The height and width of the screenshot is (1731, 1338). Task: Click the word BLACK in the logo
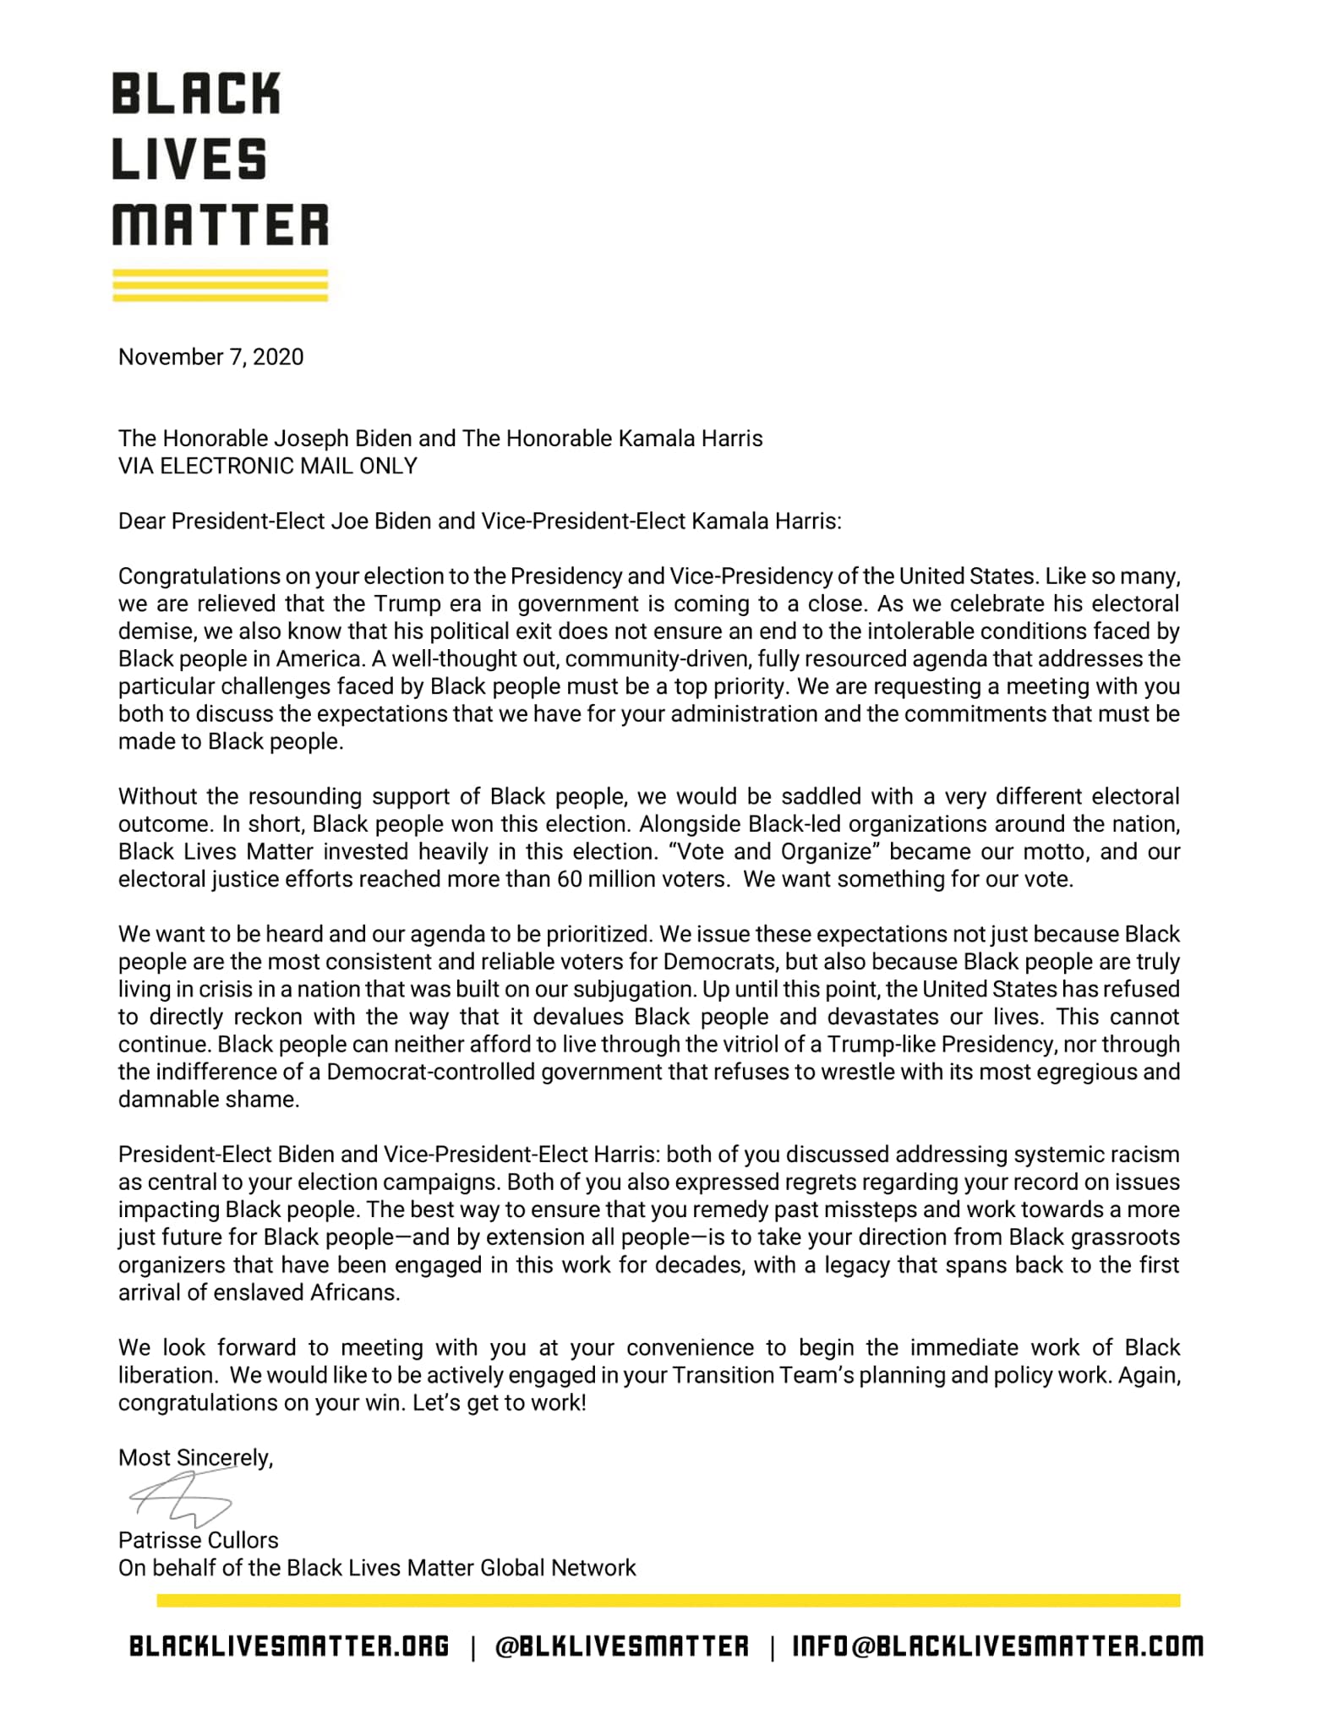195,94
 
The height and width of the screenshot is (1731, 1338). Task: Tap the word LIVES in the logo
189,160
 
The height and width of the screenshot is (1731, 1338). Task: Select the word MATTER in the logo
220,224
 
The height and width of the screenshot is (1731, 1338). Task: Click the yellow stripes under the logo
220,285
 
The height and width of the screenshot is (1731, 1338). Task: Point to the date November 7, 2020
210,357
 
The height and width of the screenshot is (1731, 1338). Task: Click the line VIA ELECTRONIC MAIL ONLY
267,466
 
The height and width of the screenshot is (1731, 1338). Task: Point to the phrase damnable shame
208,1100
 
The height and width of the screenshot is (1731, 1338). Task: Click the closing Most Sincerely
195,1457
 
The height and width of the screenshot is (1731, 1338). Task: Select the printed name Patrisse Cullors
198,1540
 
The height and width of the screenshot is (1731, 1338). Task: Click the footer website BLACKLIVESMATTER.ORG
289,1646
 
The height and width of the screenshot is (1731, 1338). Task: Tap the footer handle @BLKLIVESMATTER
621,1646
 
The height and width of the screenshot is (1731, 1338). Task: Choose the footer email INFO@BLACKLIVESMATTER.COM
997,1646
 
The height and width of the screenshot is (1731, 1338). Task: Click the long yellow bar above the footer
668,1600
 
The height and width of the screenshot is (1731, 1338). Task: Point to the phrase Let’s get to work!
500,1403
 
